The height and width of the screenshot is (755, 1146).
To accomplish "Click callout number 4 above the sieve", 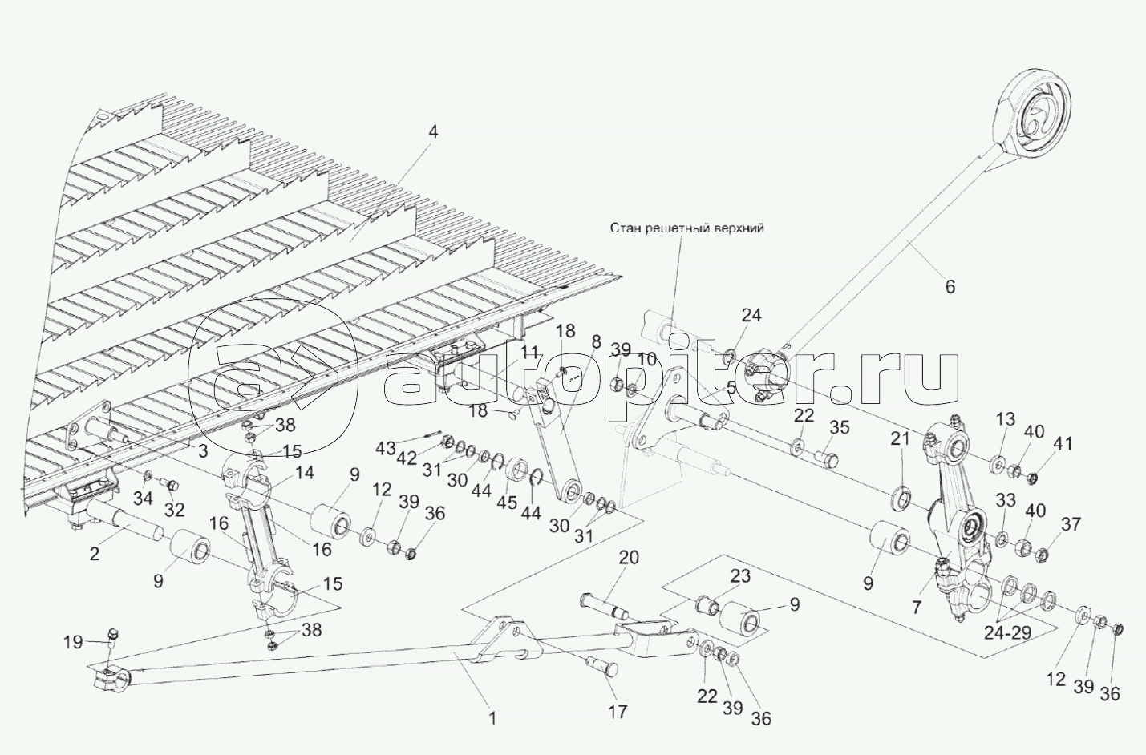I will pyautogui.click(x=433, y=132).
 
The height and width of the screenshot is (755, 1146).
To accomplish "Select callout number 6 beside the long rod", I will pyautogui.click(x=950, y=286).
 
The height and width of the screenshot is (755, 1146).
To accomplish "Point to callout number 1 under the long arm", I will pyautogui.click(x=492, y=718).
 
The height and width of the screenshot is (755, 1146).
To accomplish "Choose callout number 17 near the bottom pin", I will pyautogui.click(x=618, y=711).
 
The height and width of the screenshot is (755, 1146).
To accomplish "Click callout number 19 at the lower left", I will pyautogui.click(x=73, y=641).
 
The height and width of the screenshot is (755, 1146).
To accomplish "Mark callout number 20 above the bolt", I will pyautogui.click(x=629, y=558).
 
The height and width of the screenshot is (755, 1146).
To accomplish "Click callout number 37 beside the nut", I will pyautogui.click(x=1071, y=525).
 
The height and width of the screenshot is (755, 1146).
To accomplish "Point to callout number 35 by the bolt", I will pyautogui.click(x=839, y=427).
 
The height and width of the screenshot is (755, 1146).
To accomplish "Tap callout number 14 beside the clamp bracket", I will pyautogui.click(x=304, y=473).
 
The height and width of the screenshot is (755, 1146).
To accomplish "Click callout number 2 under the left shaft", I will pyautogui.click(x=95, y=553).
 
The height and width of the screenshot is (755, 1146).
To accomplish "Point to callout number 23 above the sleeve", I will pyautogui.click(x=739, y=575).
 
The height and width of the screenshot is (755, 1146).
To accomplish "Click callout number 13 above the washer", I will pyautogui.click(x=1006, y=419).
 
